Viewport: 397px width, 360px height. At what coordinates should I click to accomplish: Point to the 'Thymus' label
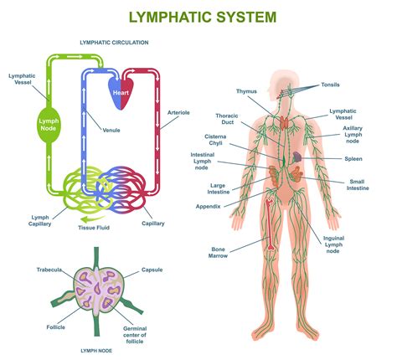coord(246,91)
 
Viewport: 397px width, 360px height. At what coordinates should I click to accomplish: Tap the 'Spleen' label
coord(353,158)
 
